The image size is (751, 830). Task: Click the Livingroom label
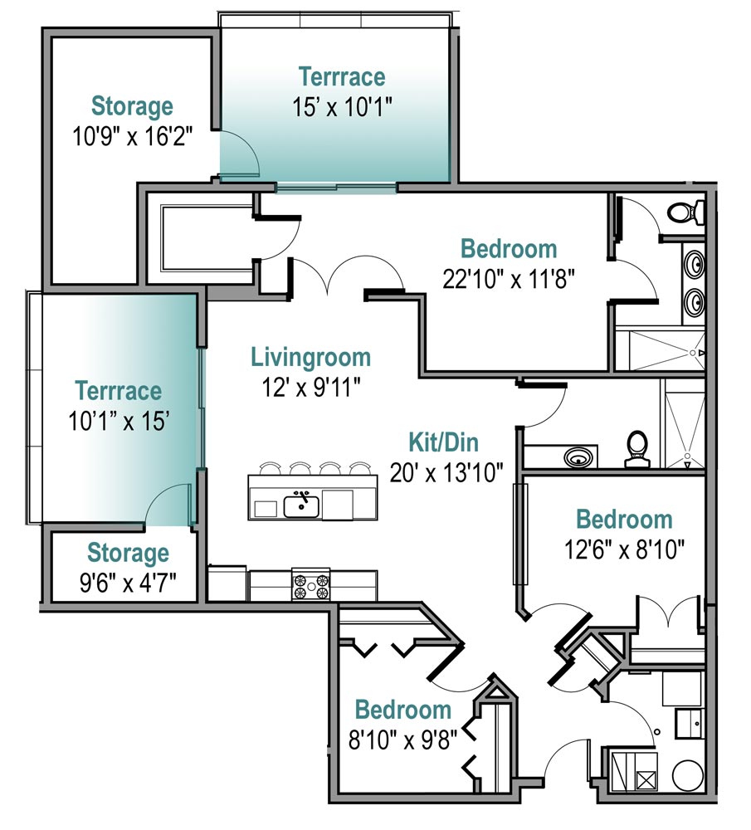pyautogui.click(x=310, y=357)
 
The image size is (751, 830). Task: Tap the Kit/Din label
pyautogui.click(x=443, y=442)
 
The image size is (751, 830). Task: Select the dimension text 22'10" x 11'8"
pyautogui.click(x=509, y=279)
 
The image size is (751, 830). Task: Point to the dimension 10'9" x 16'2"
pyautogui.click(x=132, y=136)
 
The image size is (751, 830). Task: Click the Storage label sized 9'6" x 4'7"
pyautogui.click(x=128, y=553)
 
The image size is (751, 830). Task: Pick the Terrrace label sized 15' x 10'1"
pyautogui.click(x=342, y=76)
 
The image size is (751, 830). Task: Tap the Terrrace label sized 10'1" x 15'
pyautogui.click(x=118, y=391)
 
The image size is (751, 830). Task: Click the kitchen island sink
pyautogui.click(x=301, y=506)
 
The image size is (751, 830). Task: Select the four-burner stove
pyautogui.click(x=311, y=585)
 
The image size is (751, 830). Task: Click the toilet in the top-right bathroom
pyautogui.click(x=686, y=212)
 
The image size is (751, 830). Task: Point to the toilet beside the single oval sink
pyautogui.click(x=637, y=449)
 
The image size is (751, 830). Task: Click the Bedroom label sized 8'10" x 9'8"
pyautogui.click(x=402, y=710)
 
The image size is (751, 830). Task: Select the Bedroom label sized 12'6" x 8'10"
pyautogui.click(x=624, y=520)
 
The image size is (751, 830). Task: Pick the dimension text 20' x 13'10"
pyautogui.click(x=446, y=473)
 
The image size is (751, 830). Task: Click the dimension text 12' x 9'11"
pyautogui.click(x=311, y=388)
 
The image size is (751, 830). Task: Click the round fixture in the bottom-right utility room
pyautogui.click(x=687, y=776)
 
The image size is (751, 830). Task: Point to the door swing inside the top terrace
pyautogui.click(x=246, y=149)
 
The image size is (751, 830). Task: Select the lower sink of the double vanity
pyautogui.click(x=695, y=302)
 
